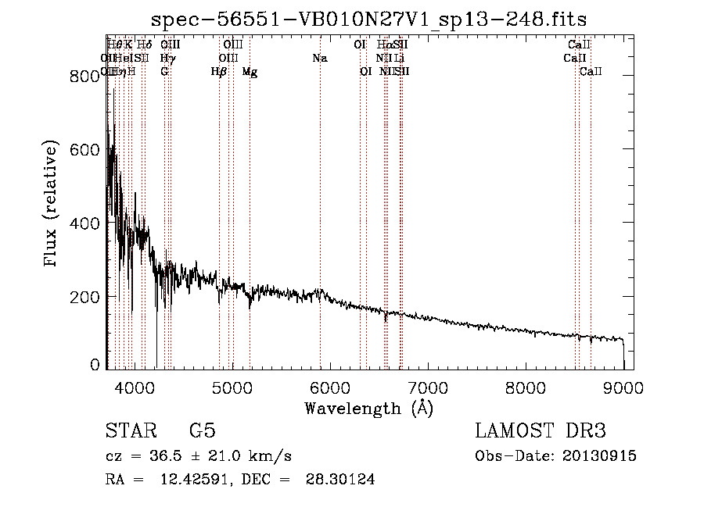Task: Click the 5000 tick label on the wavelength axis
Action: (232, 387)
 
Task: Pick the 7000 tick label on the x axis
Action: (427, 387)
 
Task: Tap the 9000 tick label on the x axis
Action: (623, 387)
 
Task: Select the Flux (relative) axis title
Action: (52, 205)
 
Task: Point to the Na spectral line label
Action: (319, 59)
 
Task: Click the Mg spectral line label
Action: (250, 72)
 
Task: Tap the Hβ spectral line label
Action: (219, 72)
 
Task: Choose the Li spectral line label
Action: (400, 59)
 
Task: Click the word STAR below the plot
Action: (130, 431)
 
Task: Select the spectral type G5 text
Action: (202, 431)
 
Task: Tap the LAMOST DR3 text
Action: (541, 431)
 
